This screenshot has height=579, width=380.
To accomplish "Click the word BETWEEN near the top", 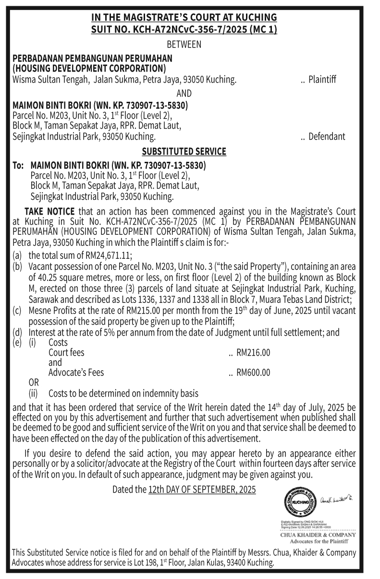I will [184, 45].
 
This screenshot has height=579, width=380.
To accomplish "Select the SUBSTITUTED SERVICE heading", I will [184, 152].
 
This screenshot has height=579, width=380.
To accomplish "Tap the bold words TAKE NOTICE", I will [49, 211].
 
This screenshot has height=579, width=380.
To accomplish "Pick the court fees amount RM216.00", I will [253, 353].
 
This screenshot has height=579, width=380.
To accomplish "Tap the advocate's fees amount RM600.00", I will [253, 373].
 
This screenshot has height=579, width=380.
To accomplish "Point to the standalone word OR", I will [34, 383].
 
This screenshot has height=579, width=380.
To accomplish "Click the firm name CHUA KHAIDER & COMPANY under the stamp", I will [318, 534].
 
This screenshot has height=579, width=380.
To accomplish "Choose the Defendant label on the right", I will [327, 136].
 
